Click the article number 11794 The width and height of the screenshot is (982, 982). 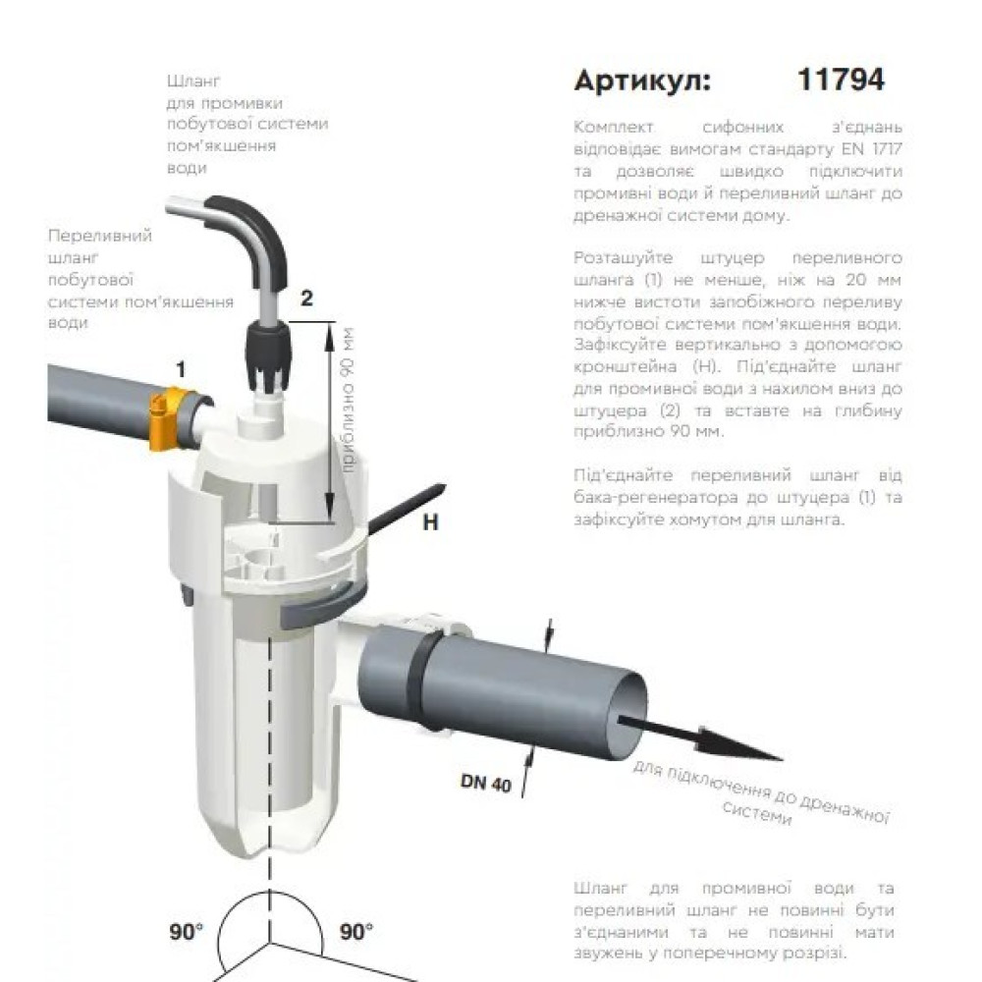[841, 80]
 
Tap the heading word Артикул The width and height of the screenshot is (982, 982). [642, 81]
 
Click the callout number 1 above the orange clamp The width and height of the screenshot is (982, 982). [181, 370]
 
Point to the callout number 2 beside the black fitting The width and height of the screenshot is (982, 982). [306, 299]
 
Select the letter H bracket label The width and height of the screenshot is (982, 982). [430, 522]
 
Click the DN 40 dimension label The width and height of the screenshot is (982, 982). [486, 783]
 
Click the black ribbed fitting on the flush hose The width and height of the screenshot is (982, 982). [267, 356]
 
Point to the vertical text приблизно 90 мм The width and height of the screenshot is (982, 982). [348, 401]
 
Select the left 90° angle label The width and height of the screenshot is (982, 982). [186, 932]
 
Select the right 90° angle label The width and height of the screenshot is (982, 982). [355, 932]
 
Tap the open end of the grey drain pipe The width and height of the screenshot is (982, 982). [627, 713]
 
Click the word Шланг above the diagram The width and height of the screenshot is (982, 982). [192, 82]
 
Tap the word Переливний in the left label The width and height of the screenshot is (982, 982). [100, 236]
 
